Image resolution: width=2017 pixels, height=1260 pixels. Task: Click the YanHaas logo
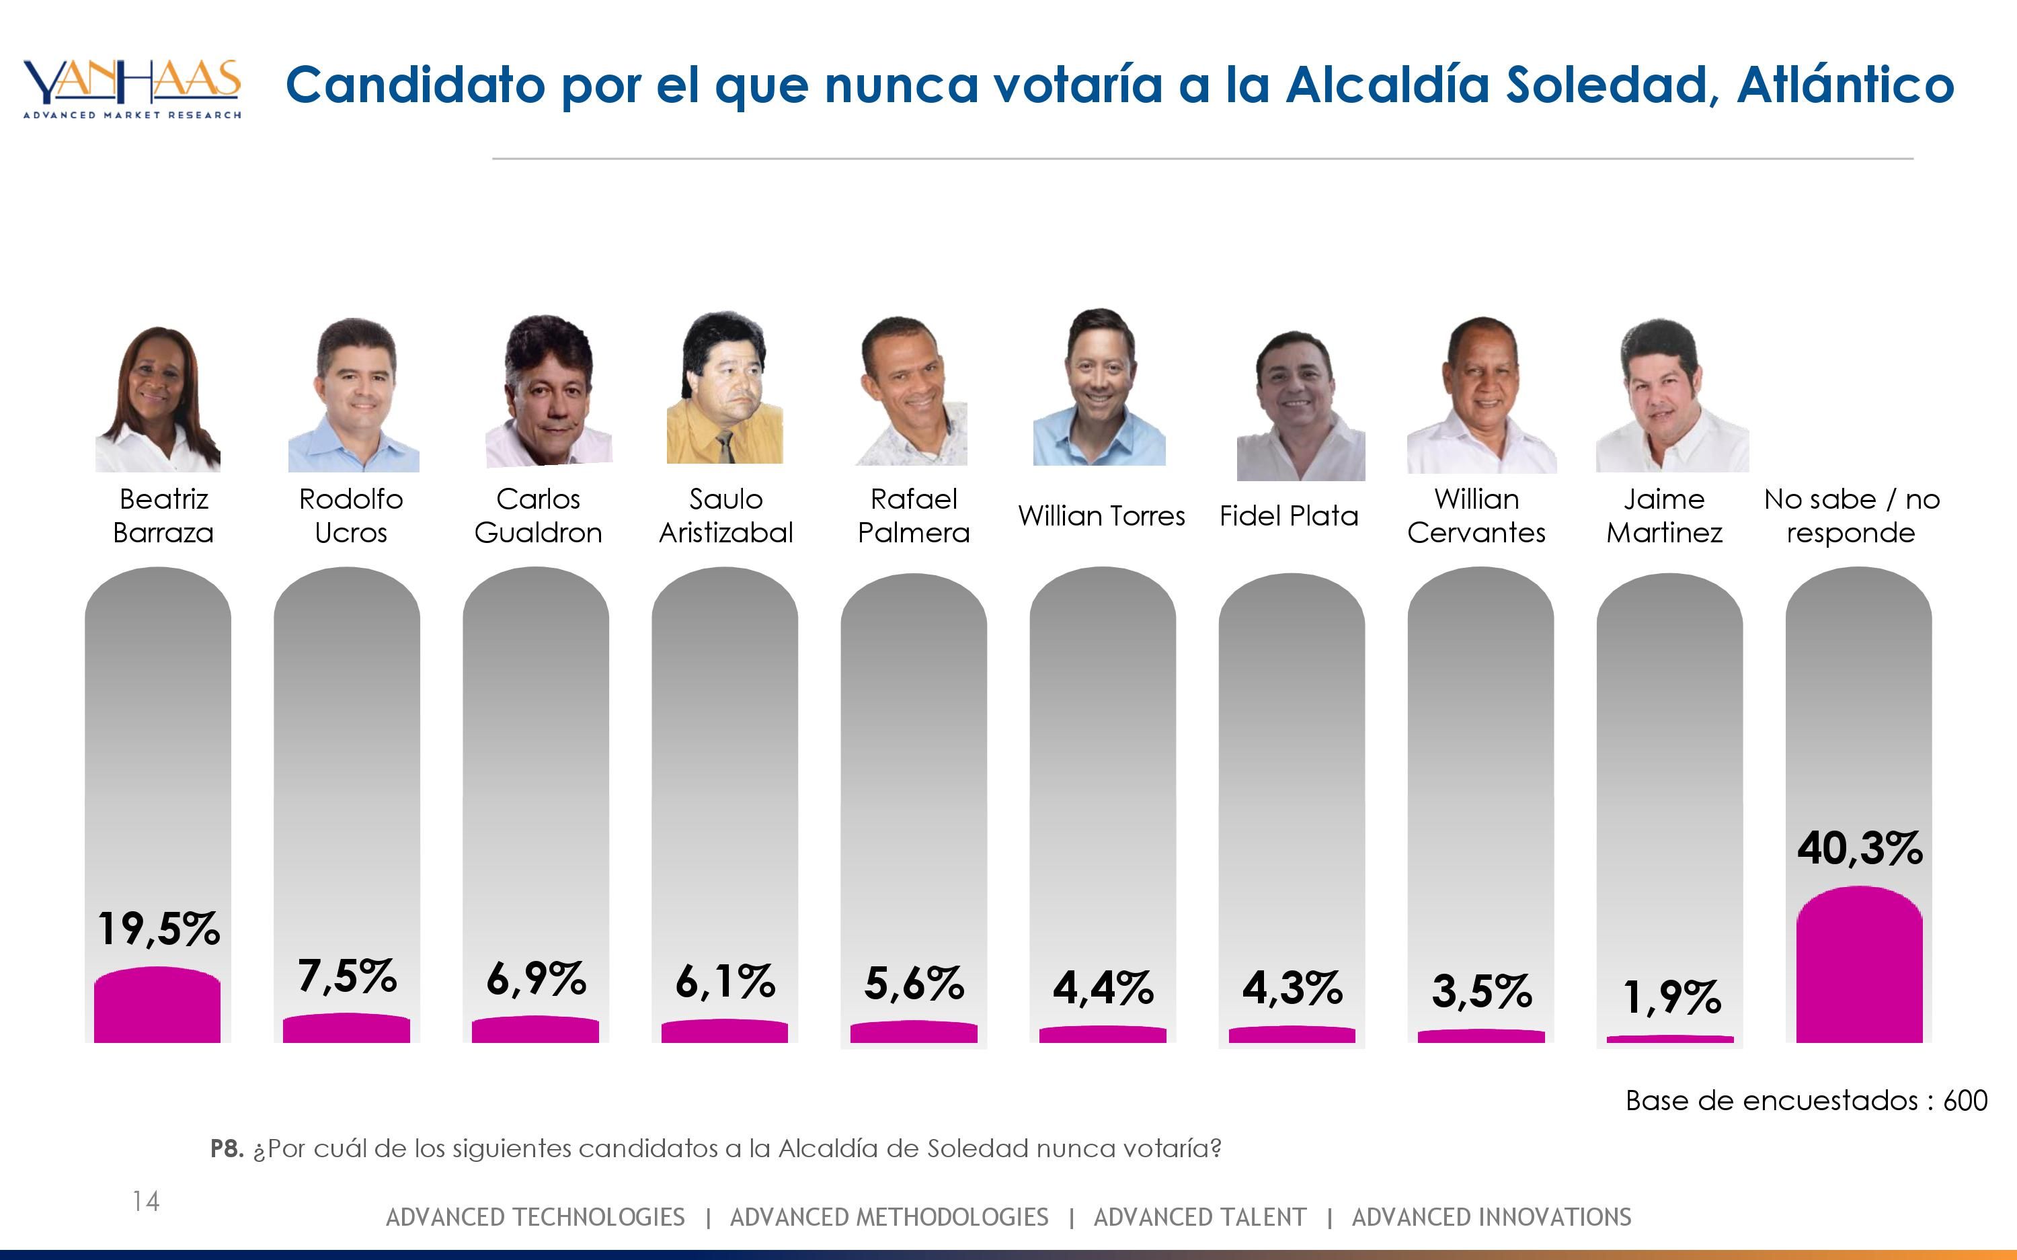pyautogui.click(x=132, y=88)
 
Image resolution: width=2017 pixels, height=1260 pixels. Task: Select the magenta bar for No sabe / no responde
pyautogui.click(x=1858, y=966)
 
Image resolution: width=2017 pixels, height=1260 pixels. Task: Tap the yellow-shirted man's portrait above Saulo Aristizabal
pyautogui.click(x=724, y=389)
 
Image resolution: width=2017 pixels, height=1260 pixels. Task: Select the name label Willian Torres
pyautogui.click(x=1101, y=516)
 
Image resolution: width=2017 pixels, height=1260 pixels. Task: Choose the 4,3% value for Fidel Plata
pyautogui.click(x=1292, y=989)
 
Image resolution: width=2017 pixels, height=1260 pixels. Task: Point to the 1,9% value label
pyautogui.click(x=1671, y=997)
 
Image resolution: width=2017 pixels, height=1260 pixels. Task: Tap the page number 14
pyautogui.click(x=146, y=1201)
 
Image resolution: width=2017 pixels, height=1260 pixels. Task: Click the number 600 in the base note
pyautogui.click(x=1965, y=1101)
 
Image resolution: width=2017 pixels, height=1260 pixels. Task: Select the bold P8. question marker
pyautogui.click(x=227, y=1149)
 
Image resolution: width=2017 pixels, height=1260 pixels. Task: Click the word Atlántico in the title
pyautogui.click(x=1846, y=85)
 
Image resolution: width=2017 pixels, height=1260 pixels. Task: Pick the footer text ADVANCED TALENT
pyautogui.click(x=1199, y=1218)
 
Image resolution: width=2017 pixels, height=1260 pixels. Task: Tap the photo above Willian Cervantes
pyautogui.click(x=1481, y=396)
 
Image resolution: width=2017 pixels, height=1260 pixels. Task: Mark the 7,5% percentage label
pyautogui.click(x=347, y=976)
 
